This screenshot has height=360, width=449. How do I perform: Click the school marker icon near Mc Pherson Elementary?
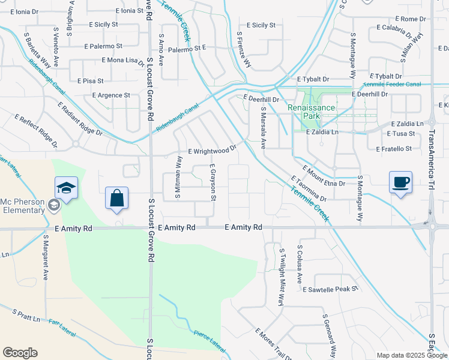66,187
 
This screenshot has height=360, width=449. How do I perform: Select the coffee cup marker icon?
400,182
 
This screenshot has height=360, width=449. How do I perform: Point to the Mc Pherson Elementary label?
22,206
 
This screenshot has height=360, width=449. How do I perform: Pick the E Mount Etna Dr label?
324,177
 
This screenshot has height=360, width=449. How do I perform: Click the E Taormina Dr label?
309,188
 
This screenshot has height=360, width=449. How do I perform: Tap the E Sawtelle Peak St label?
330,289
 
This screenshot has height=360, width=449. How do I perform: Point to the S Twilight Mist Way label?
281,277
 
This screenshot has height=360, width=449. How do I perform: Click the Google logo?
20,353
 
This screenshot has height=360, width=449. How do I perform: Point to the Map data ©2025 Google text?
412,355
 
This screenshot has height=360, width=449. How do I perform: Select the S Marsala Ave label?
263,128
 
